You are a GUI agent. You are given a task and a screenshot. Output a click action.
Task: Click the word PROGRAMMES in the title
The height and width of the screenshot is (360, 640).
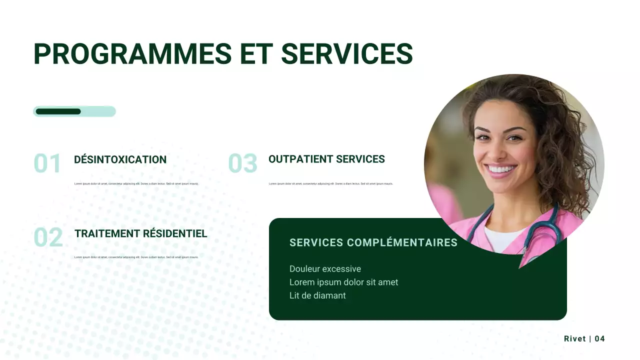[132, 54]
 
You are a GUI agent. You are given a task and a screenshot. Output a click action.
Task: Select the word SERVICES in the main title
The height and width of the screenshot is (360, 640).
[347, 54]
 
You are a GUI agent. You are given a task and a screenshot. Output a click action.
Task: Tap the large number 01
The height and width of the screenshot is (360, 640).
[47, 164]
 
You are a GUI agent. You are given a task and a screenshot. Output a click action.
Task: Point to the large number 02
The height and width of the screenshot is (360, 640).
[48, 237]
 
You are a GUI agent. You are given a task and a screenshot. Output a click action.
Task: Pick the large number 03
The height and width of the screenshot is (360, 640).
[242, 163]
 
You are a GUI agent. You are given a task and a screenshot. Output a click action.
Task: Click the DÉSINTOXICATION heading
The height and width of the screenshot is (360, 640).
[120, 160]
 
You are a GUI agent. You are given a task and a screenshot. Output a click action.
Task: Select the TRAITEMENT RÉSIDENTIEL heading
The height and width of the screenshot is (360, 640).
[140, 233]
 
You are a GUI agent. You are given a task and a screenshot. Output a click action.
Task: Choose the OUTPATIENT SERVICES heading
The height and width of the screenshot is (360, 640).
[326, 159]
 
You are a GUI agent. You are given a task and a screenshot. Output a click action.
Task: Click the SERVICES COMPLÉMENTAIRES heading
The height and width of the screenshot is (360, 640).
[373, 243]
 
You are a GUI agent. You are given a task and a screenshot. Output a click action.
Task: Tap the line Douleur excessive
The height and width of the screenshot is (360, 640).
[325, 269]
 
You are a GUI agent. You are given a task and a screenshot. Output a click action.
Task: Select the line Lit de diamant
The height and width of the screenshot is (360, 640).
[317, 295]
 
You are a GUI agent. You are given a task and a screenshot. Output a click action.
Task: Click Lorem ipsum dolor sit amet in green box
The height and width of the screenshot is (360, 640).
[343, 282]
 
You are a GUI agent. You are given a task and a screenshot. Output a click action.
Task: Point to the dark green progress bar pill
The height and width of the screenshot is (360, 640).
[58, 111]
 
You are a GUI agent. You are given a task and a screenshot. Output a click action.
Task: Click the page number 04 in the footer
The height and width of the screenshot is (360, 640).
[599, 339]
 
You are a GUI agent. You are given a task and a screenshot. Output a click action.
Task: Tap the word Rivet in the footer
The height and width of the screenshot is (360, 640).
[574, 339]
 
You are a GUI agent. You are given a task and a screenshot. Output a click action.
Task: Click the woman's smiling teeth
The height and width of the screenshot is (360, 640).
[500, 169]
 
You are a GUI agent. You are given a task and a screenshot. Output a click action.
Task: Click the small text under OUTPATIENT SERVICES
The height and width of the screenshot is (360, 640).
[330, 184]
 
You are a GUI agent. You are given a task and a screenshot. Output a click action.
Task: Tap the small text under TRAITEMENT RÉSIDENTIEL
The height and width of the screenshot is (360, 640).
[136, 257]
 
